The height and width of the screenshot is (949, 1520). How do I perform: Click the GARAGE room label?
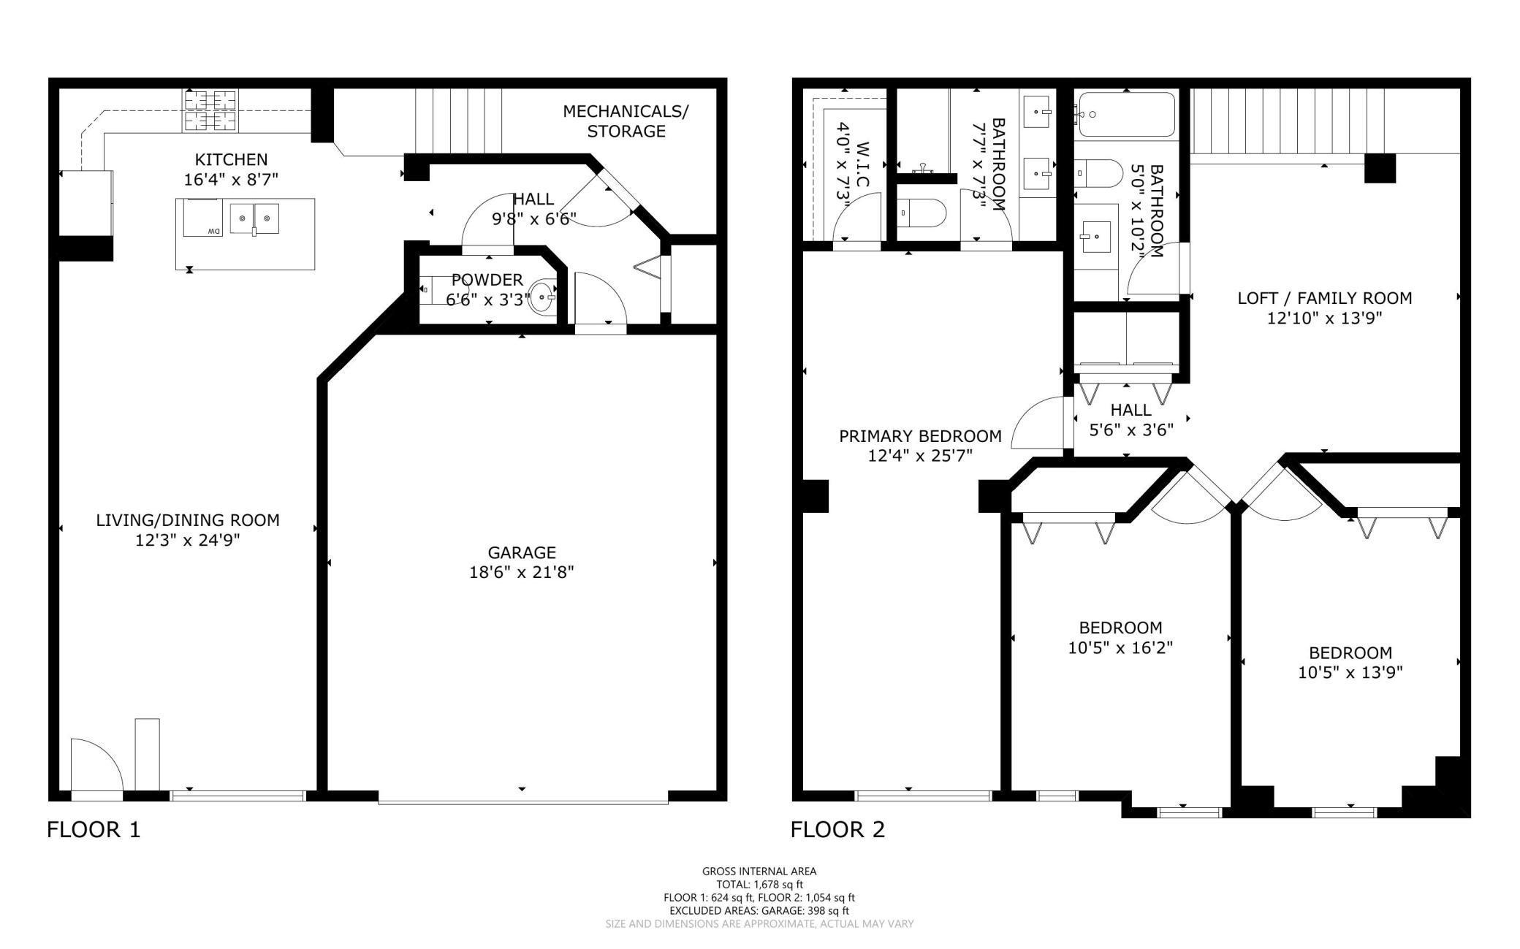click(522, 552)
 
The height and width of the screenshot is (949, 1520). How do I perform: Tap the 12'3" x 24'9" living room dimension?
click(188, 540)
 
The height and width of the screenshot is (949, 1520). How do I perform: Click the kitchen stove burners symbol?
click(210, 110)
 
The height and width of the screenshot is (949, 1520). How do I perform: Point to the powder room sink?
click(542, 297)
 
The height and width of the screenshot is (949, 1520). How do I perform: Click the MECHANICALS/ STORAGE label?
click(626, 121)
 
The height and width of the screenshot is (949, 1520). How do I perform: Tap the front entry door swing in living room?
click(96, 764)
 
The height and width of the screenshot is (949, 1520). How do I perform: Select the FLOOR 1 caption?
click(94, 829)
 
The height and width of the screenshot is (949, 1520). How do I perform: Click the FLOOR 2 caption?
click(837, 829)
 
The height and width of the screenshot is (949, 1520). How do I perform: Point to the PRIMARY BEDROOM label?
click(920, 436)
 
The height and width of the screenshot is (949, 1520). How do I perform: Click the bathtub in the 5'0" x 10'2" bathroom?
click(1126, 115)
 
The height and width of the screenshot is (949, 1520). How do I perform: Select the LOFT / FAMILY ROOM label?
click(1324, 298)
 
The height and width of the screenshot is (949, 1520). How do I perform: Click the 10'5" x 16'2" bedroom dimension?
click(1120, 647)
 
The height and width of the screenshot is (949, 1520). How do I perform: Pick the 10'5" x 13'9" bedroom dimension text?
click(1350, 672)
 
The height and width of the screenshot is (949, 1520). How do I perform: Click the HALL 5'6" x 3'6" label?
click(1131, 419)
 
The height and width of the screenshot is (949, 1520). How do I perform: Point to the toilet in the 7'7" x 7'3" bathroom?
click(921, 213)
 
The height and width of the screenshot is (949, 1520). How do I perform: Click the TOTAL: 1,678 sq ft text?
click(759, 884)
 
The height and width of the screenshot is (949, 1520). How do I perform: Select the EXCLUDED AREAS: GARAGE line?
click(759, 910)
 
